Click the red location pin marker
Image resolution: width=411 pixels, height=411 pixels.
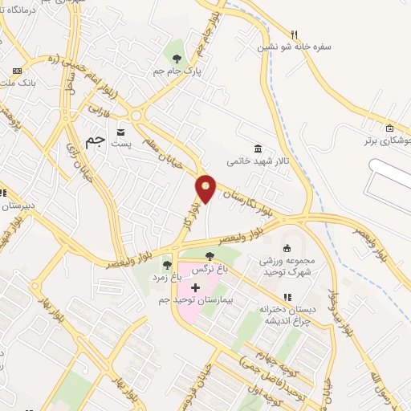pyautogui.click(x=206, y=188)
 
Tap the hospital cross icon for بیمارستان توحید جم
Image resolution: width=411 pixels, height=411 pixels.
pyautogui.click(x=196, y=287)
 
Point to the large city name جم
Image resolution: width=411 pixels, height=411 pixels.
pyautogui.click(x=96, y=140)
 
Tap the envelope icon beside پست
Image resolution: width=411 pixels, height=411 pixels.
pyautogui.click(x=121, y=132)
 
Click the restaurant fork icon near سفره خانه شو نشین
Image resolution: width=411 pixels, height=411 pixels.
pyautogui.click(x=295, y=34)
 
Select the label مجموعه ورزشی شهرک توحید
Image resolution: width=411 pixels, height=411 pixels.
pyautogui.click(x=287, y=267)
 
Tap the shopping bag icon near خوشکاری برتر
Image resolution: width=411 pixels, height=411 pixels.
pyautogui.click(x=389, y=128)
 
